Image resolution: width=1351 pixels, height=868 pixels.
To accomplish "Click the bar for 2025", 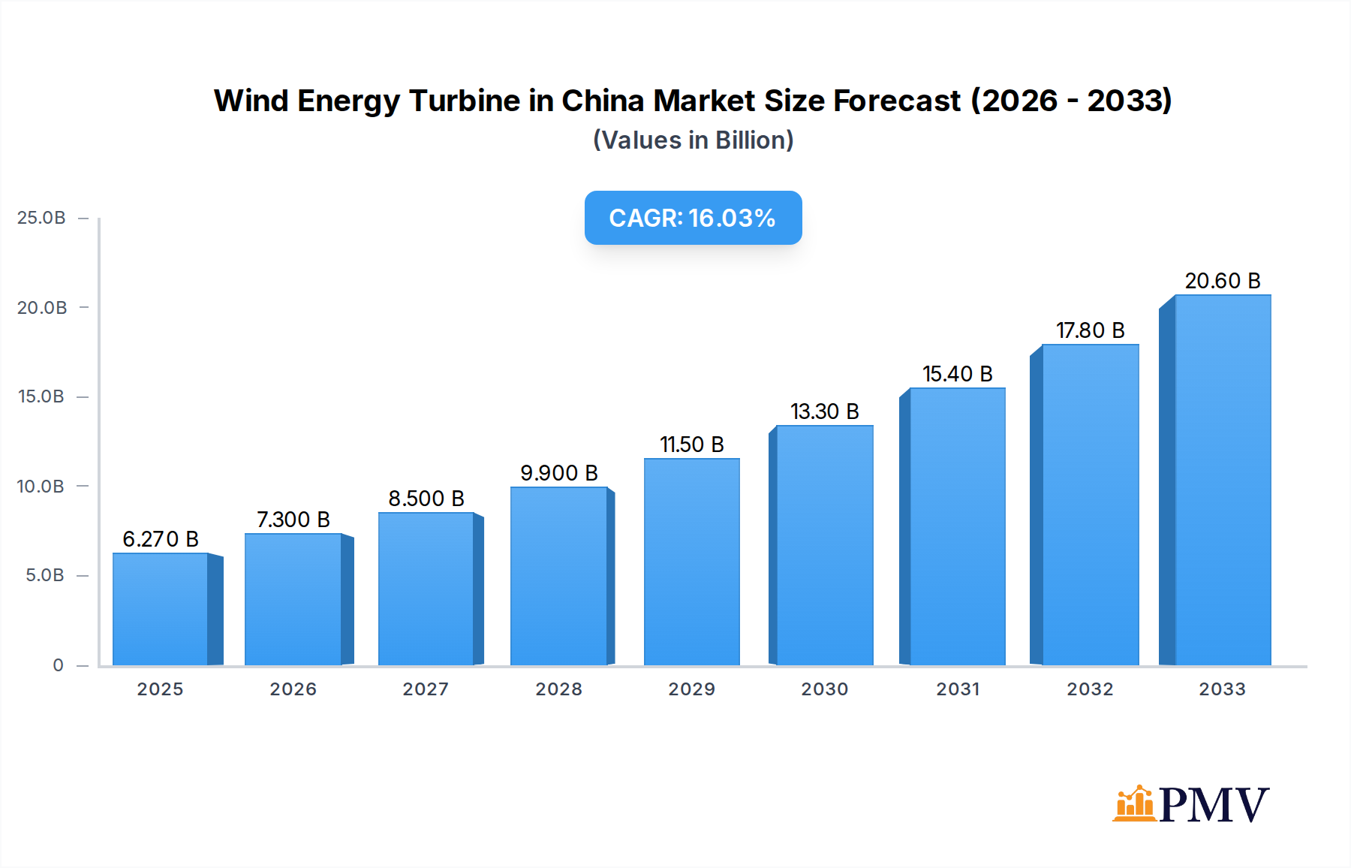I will click(x=161, y=609).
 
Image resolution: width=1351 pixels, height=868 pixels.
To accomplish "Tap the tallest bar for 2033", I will click(x=1222, y=481).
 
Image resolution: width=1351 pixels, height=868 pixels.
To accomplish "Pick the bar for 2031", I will click(x=957, y=526).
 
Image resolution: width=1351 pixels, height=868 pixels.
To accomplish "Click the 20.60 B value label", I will click(x=1222, y=281).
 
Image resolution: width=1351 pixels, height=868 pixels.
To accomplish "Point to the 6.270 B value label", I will click(x=161, y=539).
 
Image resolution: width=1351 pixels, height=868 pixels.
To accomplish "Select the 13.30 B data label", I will click(x=824, y=411).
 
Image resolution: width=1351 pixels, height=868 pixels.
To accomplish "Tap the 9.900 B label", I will click(x=559, y=473).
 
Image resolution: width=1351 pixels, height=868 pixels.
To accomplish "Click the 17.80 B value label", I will click(x=1090, y=330).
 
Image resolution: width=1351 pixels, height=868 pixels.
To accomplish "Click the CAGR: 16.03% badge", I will click(x=693, y=218).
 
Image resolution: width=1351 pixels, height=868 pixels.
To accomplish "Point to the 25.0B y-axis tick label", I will click(x=41, y=218).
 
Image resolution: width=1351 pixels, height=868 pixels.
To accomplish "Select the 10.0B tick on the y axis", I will click(x=41, y=487).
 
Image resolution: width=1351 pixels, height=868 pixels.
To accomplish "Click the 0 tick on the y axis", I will click(x=58, y=665).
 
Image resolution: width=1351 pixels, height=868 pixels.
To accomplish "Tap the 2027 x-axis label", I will click(x=426, y=689).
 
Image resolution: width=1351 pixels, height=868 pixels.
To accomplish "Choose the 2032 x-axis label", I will click(x=1090, y=689).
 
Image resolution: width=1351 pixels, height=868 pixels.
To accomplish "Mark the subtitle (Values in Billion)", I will click(x=693, y=140).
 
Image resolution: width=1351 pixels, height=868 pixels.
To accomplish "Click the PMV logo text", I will click(x=1214, y=805).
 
